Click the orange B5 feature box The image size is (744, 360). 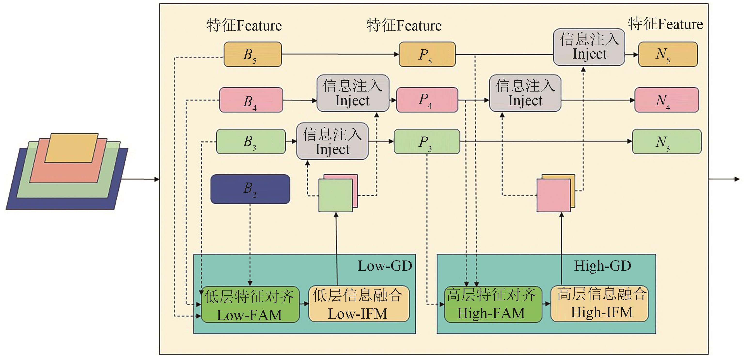(x=253, y=54)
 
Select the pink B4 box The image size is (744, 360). (x=251, y=100)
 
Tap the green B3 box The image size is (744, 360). (x=251, y=141)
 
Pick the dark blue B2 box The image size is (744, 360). (x=250, y=189)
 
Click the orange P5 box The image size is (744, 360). (x=427, y=54)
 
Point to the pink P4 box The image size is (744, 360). (x=427, y=100)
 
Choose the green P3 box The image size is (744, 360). (x=427, y=141)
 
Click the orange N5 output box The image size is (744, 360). (x=668, y=54)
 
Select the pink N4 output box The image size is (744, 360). (x=667, y=100)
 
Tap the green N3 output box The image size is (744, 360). (x=667, y=141)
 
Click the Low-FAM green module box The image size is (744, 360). (x=250, y=304)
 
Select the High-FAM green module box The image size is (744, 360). (x=493, y=304)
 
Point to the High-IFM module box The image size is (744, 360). (x=599, y=304)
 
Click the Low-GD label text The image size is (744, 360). (x=385, y=266)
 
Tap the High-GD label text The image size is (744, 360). (x=603, y=266)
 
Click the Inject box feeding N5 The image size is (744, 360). (x=589, y=47)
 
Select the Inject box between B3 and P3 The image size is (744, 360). (x=332, y=141)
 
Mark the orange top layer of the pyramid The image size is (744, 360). (x=71, y=148)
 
